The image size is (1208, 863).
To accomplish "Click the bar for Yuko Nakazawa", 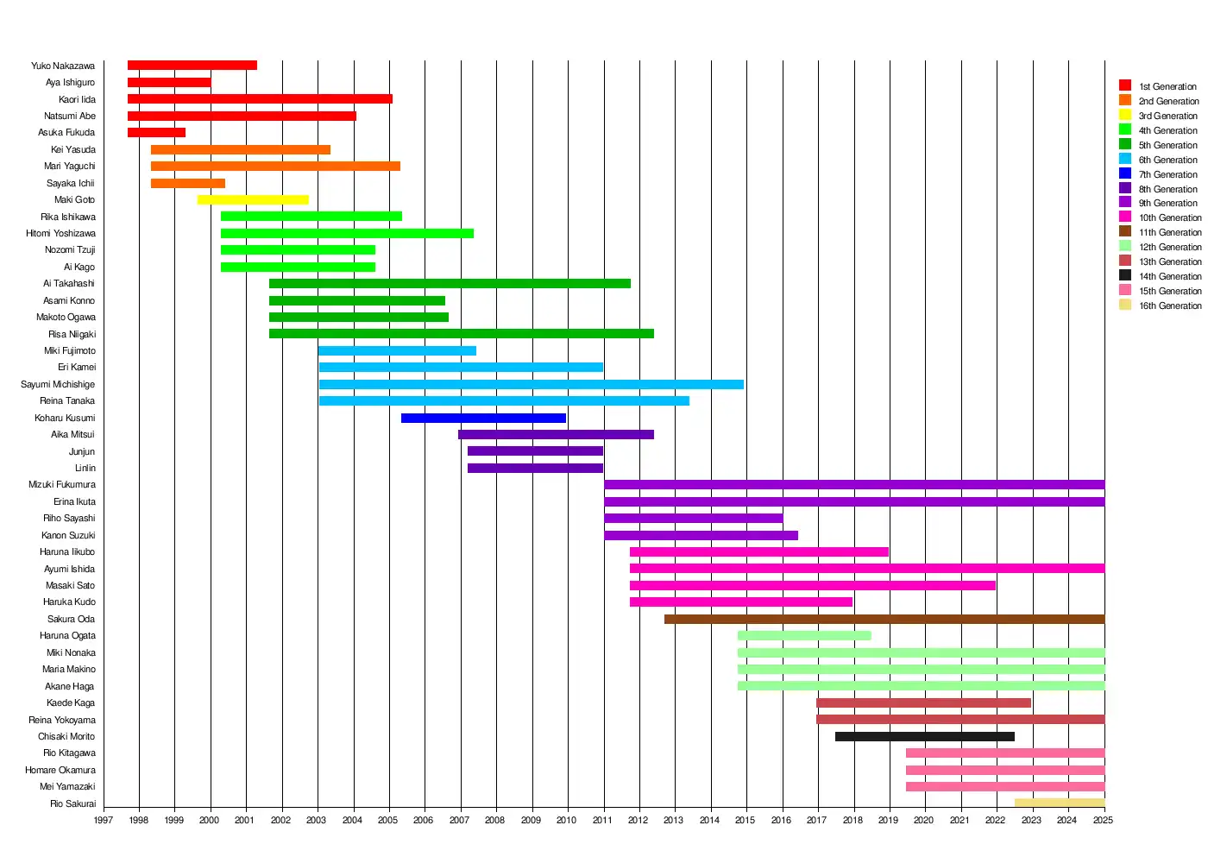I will click(192, 66).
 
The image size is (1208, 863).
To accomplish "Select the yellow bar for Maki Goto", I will click(253, 200).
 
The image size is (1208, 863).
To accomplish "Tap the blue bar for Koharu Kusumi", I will click(483, 419).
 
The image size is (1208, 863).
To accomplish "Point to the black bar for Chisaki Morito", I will click(925, 737).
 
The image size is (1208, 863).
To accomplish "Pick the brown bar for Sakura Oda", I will click(884, 620).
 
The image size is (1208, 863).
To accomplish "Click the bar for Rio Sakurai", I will click(1060, 803).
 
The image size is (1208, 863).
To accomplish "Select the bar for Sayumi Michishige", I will click(532, 385).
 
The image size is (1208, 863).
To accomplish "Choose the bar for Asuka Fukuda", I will click(156, 133).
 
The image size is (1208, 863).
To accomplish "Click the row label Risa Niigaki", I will click(72, 334).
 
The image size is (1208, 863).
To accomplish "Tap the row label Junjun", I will click(82, 451).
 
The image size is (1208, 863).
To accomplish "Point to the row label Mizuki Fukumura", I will click(62, 485).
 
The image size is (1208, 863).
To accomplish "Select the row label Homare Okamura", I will click(60, 770).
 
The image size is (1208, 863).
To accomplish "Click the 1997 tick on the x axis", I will click(104, 820).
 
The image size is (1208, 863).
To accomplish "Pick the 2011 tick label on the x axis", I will click(602, 820).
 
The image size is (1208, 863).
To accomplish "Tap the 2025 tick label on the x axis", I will click(1103, 820).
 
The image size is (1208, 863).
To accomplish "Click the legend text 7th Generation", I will click(1167, 174).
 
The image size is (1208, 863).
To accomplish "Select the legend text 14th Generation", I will click(1169, 277).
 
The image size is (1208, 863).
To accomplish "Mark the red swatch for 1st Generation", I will click(1125, 85).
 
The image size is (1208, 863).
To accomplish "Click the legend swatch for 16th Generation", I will click(1125, 305).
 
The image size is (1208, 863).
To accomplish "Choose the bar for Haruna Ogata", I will click(804, 636).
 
